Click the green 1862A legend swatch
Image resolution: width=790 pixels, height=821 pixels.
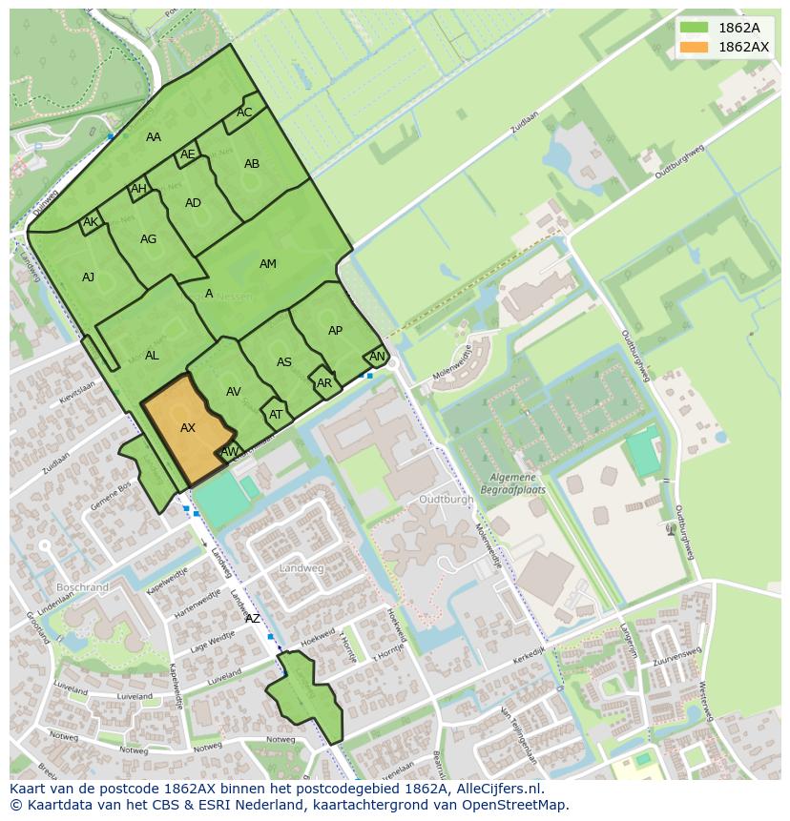[x=694, y=28]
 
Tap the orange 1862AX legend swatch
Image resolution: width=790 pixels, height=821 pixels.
[x=694, y=47]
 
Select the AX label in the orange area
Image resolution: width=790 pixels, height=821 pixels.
[x=188, y=428]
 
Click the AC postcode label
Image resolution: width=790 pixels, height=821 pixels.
[x=244, y=113]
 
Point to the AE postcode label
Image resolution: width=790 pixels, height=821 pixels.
[x=188, y=154]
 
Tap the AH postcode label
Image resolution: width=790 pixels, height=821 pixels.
[x=138, y=189]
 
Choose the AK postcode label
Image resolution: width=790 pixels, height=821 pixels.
[x=91, y=223]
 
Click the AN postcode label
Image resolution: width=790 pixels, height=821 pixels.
[x=377, y=357]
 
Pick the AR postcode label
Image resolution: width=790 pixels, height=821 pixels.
[x=324, y=383]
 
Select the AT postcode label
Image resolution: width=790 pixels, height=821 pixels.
[x=276, y=415]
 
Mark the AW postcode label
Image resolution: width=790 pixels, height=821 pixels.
[x=229, y=451]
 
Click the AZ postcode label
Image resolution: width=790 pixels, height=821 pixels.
[x=253, y=619]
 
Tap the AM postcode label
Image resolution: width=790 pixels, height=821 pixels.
[x=268, y=264]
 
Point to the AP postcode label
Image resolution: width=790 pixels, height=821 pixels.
[x=335, y=331]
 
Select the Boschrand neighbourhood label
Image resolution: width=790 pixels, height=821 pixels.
[x=82, y=587]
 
